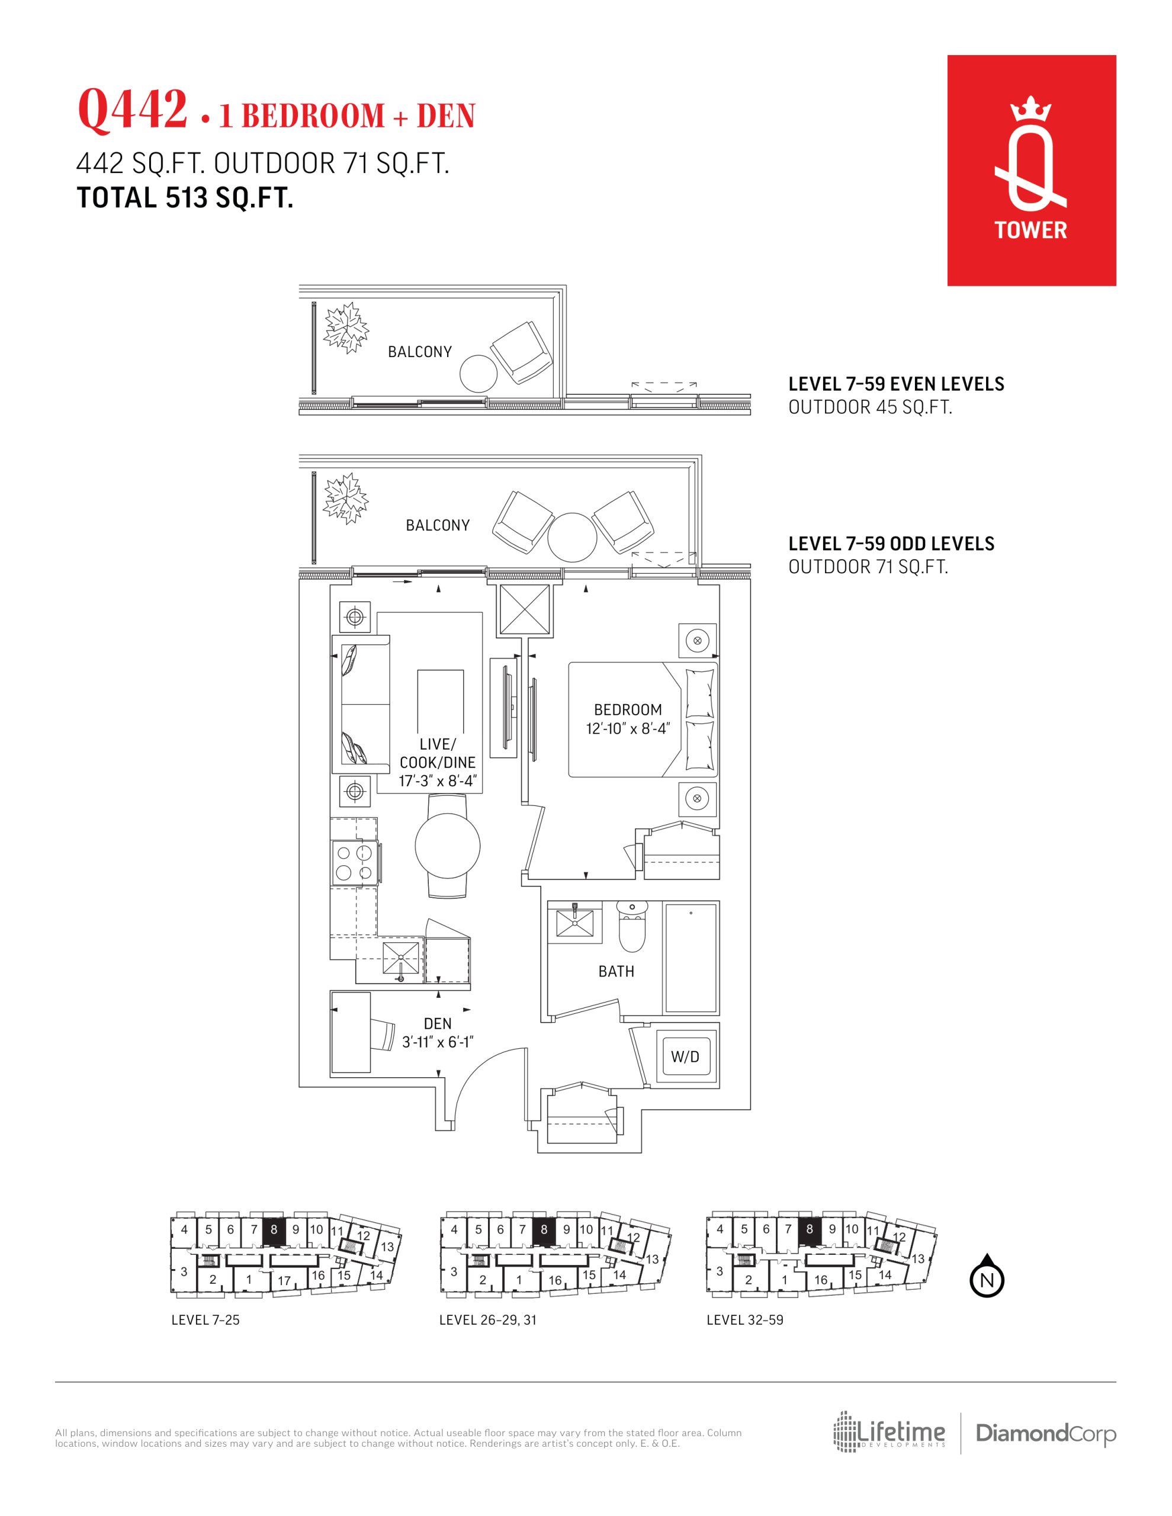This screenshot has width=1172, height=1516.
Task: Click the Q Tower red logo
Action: tap(1031, 170)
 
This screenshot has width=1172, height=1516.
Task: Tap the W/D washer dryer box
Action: tap(685, 1057)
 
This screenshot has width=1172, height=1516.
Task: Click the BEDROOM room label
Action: tap(628, 709)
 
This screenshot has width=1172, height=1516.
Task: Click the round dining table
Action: tap(447, 846)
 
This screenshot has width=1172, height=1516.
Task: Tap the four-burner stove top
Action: tap(355, 862)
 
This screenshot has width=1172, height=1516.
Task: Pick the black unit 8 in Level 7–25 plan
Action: tap(274, 1229)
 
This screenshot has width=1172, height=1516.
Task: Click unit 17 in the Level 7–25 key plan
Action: tap(284, 1280)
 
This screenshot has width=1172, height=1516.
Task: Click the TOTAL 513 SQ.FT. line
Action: tap(185, 198)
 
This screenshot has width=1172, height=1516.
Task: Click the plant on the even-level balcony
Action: tap(346, 327)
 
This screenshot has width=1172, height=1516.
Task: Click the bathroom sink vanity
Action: tap(576, 922)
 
